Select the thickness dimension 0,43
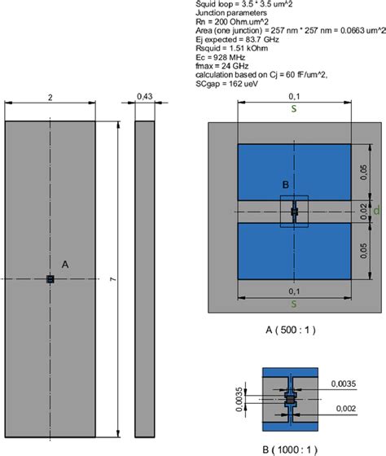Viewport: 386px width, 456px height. (145, 96)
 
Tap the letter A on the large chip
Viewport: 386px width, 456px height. (64, 264)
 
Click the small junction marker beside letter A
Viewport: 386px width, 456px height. (50, 279)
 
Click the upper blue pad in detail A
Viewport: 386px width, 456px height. (294, 170)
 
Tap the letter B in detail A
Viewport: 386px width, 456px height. (286, 185)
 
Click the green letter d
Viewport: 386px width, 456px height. (376, 212)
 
